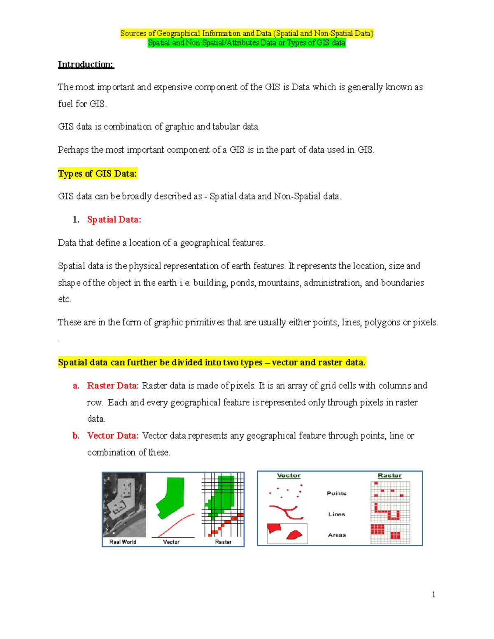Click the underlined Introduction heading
(x=86, y=65)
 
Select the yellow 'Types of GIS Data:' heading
(x=97, y=174)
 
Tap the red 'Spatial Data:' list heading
(x=114, y=220)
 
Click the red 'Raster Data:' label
(x=113, y=386)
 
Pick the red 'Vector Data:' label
(x=113, y=436)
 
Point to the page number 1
(x=433, y=594)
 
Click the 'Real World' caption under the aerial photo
(x=123, y=542)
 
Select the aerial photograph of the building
(x=124, y=504)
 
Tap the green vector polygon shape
(x=170, y=496)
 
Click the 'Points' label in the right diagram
(x=336, y=493)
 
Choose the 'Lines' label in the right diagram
(x=336, y=514)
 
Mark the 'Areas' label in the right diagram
(x=336, y=535)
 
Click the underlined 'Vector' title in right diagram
(x=289, y=476)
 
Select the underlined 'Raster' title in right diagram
(x=389, y=476)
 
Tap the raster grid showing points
(x=390, y=491)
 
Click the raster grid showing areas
(x=390, y=534)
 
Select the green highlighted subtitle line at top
(x=247, y=43)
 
